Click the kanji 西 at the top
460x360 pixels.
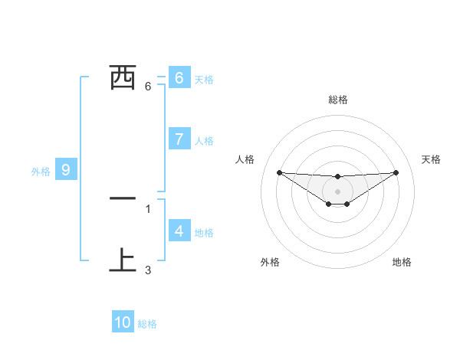tap(123, 77)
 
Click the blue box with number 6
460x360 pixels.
tap(179, 77)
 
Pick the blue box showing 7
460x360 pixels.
tap(179, 139)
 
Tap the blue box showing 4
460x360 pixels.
tap(179, 231)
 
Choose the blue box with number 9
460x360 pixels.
tap(66, 170)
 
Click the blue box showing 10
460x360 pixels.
tap(123, 322)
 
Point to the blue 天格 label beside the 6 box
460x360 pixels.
tap(204, 79)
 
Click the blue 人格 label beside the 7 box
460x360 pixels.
tap(204, 141)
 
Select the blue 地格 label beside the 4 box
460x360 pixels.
tap(204, 232)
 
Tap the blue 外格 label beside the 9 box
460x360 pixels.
tap(41, 172)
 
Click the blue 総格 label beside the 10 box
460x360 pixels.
tap(147, 324)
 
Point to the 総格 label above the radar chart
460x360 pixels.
tap(337, 100)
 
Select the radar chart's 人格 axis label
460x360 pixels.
tap(245, 159)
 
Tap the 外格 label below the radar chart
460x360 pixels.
tap(270, 262)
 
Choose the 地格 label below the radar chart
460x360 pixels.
tap(402, 262)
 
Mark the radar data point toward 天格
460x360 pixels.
tap(396, 172)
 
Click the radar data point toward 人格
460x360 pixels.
tap(279, 172)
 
